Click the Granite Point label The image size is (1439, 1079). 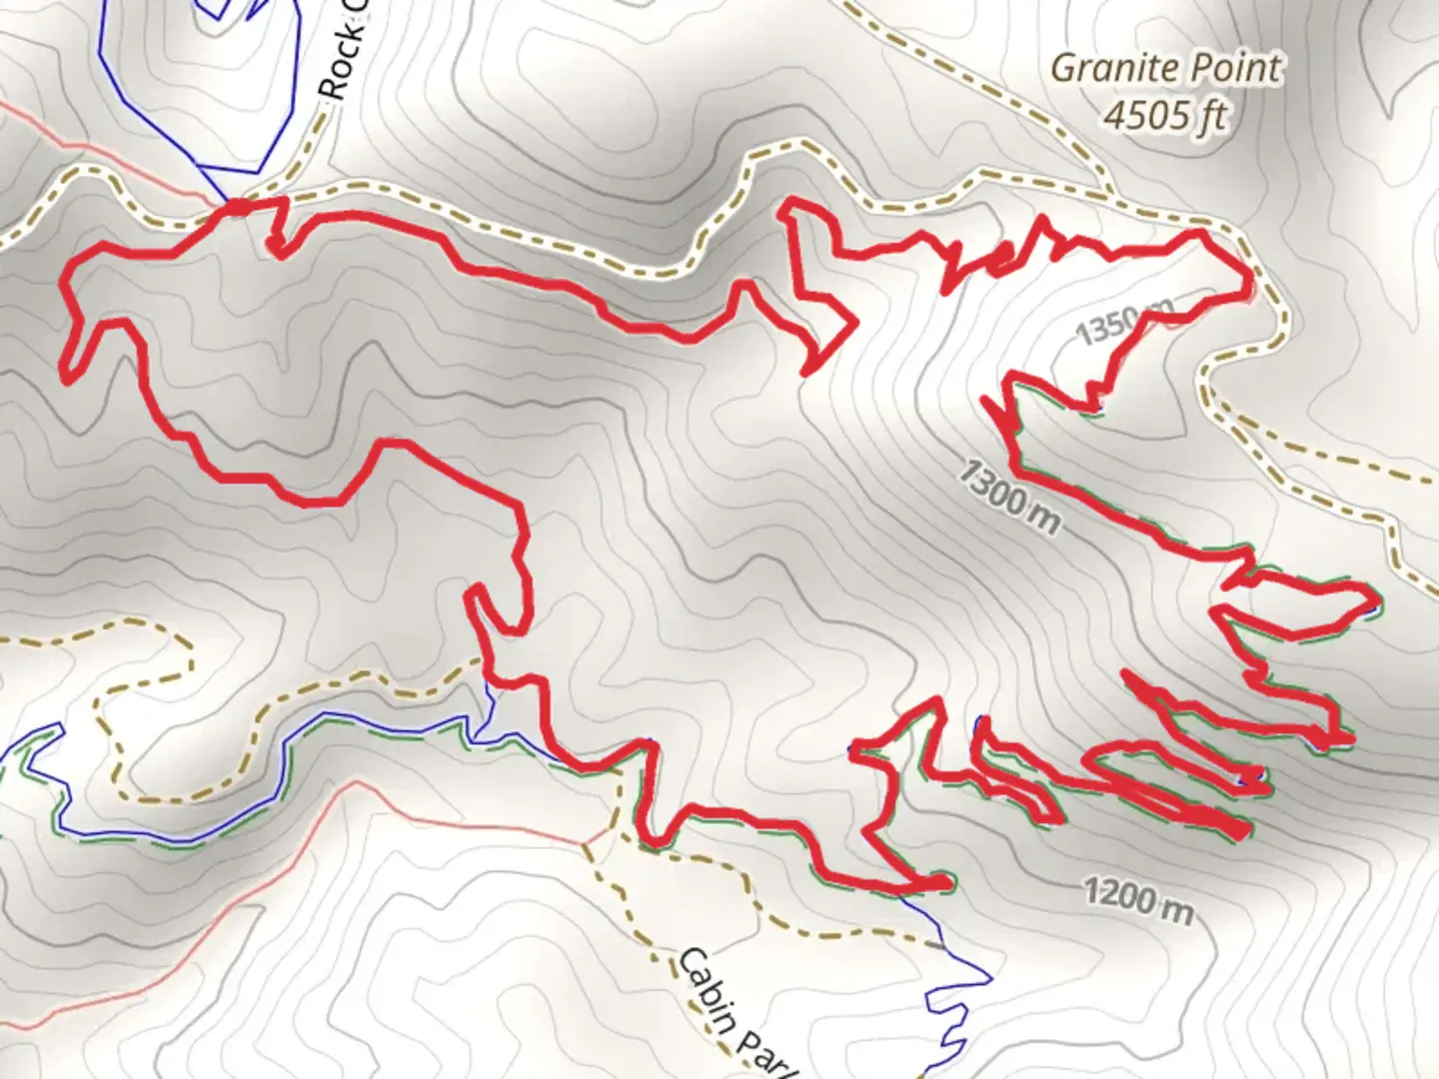(1165, 69)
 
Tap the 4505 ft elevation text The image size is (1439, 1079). (1165, 115)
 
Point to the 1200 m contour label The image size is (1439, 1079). (1138, 898)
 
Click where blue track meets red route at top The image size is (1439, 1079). (236, 205)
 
